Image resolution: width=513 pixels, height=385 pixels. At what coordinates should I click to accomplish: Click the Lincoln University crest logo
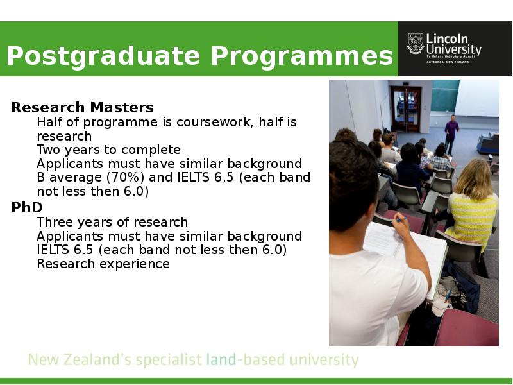point(415,44)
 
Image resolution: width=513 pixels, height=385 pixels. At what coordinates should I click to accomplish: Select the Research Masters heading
point(83,107)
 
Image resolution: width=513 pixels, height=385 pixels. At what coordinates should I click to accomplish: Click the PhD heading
point(27,207)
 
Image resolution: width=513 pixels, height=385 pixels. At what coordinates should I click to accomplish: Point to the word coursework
point(215,122)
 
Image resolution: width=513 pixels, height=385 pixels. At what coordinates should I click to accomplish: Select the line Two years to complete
point(108,150)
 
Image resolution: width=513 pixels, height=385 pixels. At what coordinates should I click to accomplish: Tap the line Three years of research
point(112,222)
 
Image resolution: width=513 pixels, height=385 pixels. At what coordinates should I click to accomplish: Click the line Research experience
point(103,264)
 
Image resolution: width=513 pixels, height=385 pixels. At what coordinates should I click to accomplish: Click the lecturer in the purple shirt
point(451,135)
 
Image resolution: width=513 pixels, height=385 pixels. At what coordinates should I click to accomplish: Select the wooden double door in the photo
point(406,109)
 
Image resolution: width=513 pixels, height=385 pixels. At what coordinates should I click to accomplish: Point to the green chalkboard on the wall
point(445,96)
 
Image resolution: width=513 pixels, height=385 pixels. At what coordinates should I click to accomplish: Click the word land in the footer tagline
point(221,360)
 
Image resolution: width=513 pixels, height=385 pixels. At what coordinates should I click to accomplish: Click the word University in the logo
point(454,50)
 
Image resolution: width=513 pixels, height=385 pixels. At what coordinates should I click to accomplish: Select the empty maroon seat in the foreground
point(467,327)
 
